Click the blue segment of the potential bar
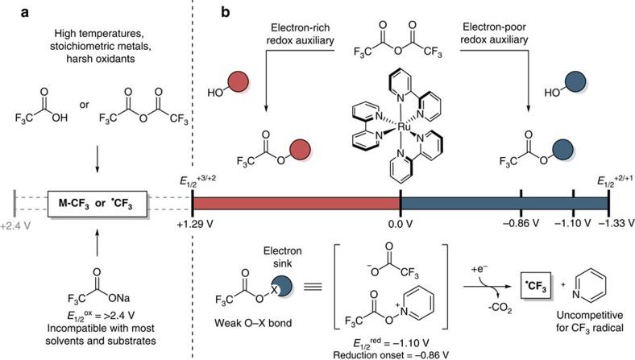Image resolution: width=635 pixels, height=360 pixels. pos(504,205)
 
